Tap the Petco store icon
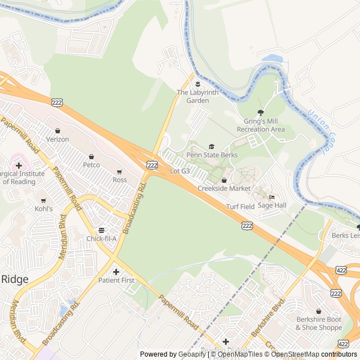click(91, 156)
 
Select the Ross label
click(119, 180)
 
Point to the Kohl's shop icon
click(43, 200)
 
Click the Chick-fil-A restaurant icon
click(101, 230)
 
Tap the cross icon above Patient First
click(116, 272)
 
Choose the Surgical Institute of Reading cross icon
click(19, 165)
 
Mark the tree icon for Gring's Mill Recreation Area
click(260, 113)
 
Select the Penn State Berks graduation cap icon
click(211, 147)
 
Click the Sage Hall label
click(272, 205)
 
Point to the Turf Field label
click(240, 206)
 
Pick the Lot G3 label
click(179, 170)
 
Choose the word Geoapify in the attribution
click(192, 354)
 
